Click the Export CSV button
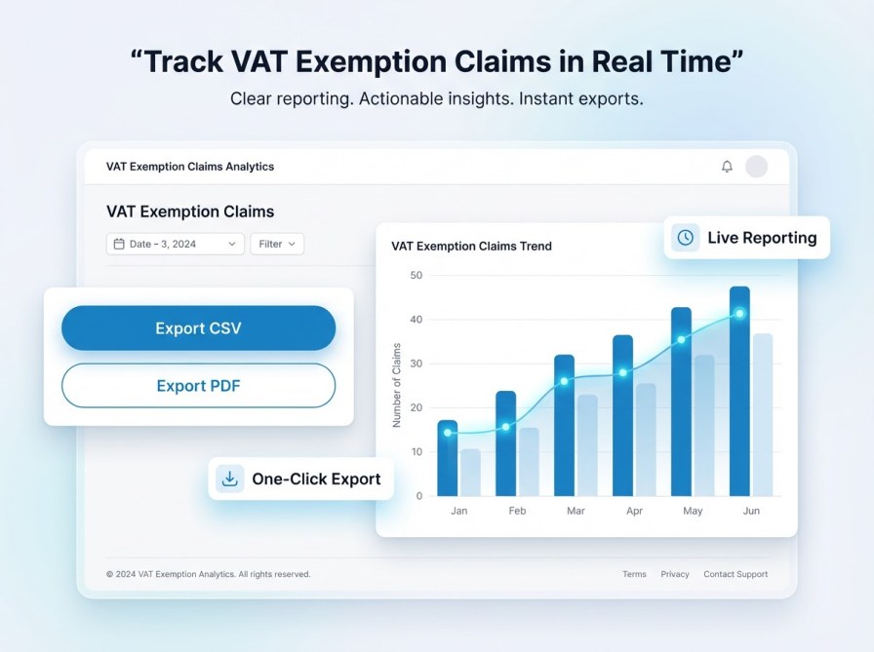click(x=198, y=328)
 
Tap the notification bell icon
click(x=727, y=167)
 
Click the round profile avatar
click(x=756, y=167)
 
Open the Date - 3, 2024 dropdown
click(x=175, y=244)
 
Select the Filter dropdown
click(x=277, y=244)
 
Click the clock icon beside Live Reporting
click(x=686, y=237)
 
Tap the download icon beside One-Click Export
click(x=230, y=479)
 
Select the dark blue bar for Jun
click(x=739, y=392)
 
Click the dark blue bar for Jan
click(x=447, y=458)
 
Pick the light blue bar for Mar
click(x=587, y=445)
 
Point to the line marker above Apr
click(x=622, y=372)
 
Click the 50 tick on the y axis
click(x=417, y=276)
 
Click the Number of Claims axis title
click(x=397, y=385)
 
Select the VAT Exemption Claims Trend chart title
click(x=471, y=247)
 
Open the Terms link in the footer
click(x=634, y=574)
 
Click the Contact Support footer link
click(x=735, y=574)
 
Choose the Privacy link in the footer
click(x=675, y=574)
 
